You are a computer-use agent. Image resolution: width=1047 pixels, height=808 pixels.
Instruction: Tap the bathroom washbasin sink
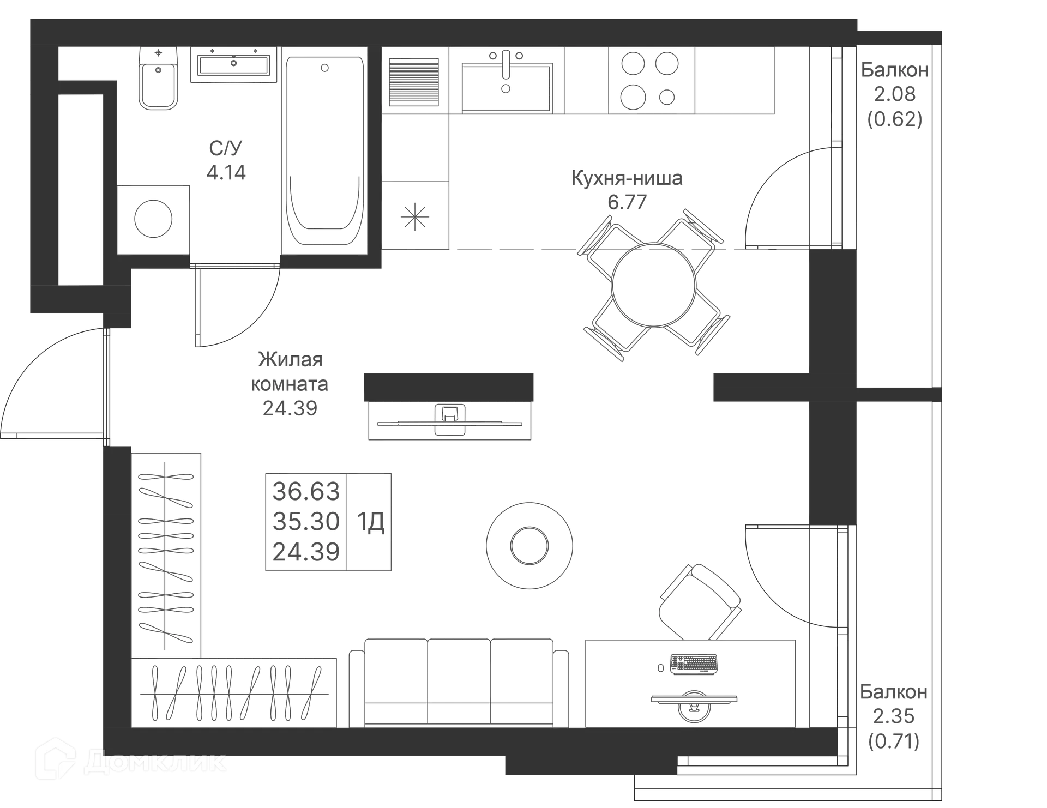point(234,65)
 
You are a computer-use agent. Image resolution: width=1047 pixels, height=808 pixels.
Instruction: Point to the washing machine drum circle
point(153,219)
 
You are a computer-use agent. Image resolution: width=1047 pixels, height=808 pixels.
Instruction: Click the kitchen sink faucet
point(506,64)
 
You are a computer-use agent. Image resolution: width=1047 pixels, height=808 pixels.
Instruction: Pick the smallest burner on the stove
point(666,98)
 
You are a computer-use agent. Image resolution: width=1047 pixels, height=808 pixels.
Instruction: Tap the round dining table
point(653,285)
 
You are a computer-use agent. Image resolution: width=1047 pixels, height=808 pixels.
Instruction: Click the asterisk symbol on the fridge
point(414,216)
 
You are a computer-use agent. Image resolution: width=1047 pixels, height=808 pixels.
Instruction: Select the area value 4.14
point(226,172)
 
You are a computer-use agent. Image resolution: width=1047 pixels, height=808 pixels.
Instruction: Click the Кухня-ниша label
point(627,178)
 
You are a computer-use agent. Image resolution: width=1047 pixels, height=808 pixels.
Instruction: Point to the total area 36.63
point(306,491)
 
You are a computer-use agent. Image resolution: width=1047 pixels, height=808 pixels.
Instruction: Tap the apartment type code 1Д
point(371,522)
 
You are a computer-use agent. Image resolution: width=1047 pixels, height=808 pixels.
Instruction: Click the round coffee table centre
point(529,545)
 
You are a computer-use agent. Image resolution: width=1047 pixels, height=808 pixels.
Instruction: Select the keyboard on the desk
point(694,664)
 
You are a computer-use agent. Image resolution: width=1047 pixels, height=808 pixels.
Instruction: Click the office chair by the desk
point(700,602)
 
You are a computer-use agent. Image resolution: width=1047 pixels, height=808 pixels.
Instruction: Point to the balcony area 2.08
point(894,94)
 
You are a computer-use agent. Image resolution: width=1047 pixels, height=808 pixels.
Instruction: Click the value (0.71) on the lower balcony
point(894,741)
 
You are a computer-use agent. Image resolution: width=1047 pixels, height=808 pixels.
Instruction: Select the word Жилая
point(290,360)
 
